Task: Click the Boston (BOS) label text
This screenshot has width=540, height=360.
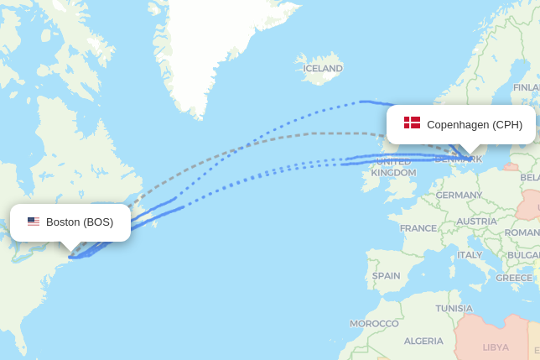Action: pyautogui.click(x=80, y=222)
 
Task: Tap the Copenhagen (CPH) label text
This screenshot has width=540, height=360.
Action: pyautogui.click(x=475, y=125)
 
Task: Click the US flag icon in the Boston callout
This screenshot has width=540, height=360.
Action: pyautogui.click(x=34, y=222)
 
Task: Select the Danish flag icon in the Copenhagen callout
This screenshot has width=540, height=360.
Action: pyautogui.click(x=412, y=123)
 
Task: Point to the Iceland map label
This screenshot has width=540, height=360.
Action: pyautogui.click(x=323, y=69)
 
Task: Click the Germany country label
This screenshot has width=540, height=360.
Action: pyautogui.click(x=459, y=196)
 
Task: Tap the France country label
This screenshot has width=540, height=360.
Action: pyautogui.click(x=418, y=228)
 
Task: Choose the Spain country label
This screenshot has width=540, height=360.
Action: pyautogui.click(x=386, y=275)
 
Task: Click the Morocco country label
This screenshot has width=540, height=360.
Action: pyautogui.click(x=374, y=323)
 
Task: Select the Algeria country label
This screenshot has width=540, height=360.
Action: pyautogui.click(x=423, y=341)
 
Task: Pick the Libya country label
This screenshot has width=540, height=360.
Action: pyautogui.click(x=496, y=347)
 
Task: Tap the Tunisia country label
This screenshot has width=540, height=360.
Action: pyautogui.click(x=454, y=308)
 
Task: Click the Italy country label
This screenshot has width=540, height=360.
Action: pyautogui.click(x=470, y=255)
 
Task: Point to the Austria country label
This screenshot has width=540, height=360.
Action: pyautogui.click(x=476, y=222)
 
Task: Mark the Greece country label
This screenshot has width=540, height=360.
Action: pyautogui.click(x=513, y=278)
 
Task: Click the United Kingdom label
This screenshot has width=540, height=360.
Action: pyautogui.click(x=393, y=167)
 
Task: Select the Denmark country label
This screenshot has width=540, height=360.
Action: pyautogui.click(x=460, y=159)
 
